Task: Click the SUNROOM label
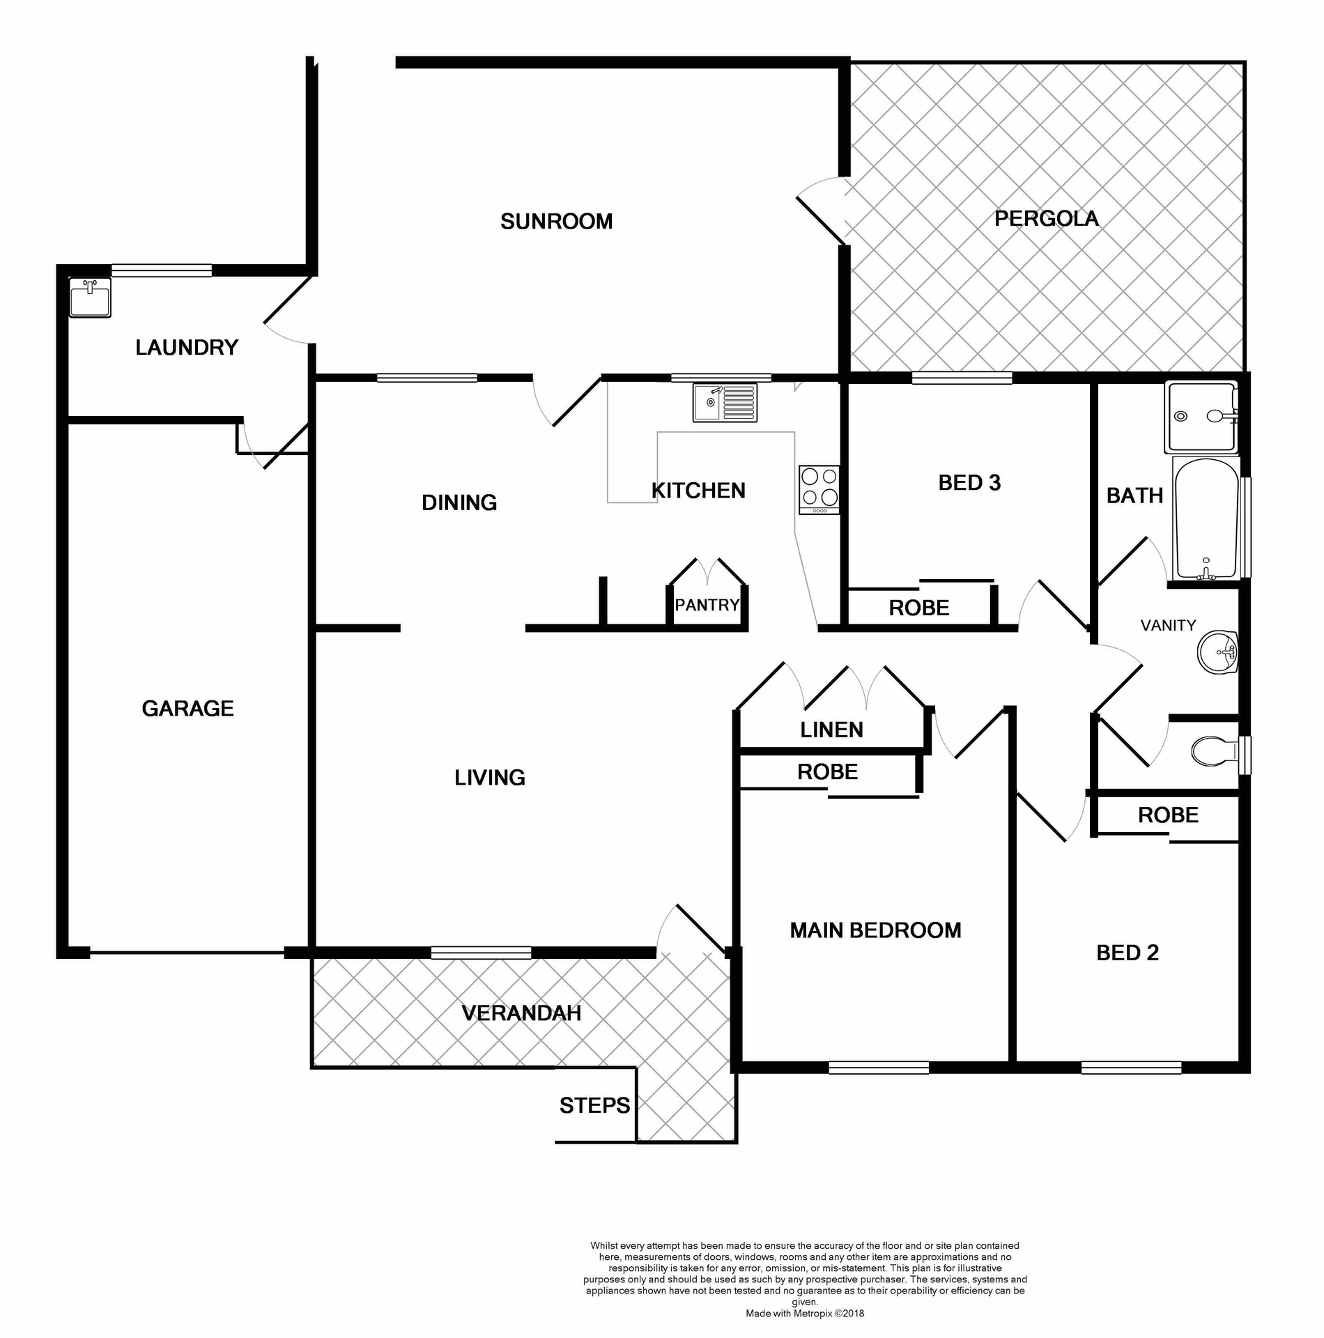(x=556, y=222)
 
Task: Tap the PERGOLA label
(x=1046, y=219)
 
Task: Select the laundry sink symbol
(x=90, y=298)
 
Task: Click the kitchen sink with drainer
(x=725, y=402)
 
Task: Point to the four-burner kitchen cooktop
(x=819, y=489)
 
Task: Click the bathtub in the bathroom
(x=1207, y=518)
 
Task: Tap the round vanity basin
(x=1217, y=653)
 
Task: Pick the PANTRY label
(x=707, y=605)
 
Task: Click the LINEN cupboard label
(x=831, y=730)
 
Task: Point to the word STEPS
(x=594, y=1105)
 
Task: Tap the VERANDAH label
(x=521, y=1013)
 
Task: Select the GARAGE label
(x=187, y=709)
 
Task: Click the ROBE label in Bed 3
(x=918, y=608)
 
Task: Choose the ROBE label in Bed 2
(x=1168, y=815)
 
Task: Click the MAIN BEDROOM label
(x=875, y=930)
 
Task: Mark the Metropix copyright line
(x=805, y=1314)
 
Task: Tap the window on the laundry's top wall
(x=162, y=270)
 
